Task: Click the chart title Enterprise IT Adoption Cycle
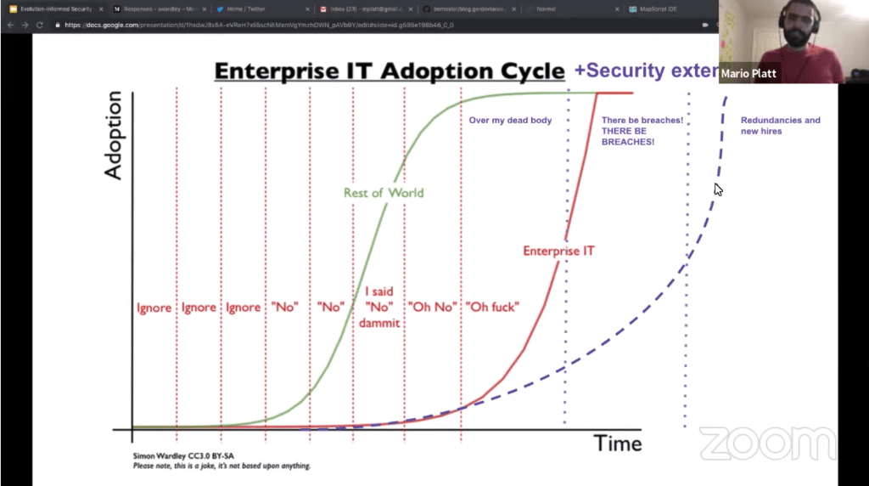pos(389,71)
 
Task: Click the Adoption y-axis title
pos(114,135)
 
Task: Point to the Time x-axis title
pos(617,443)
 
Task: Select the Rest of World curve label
pos(383,193)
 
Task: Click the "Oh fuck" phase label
pos(492,307)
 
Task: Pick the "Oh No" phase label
pos(432,307)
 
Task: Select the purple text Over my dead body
pos(510,121)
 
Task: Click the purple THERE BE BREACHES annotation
pos(642,131)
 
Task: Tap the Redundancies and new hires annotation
pos(780,126)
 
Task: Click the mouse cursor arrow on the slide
pos(718,189)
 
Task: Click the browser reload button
pos(39,25)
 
